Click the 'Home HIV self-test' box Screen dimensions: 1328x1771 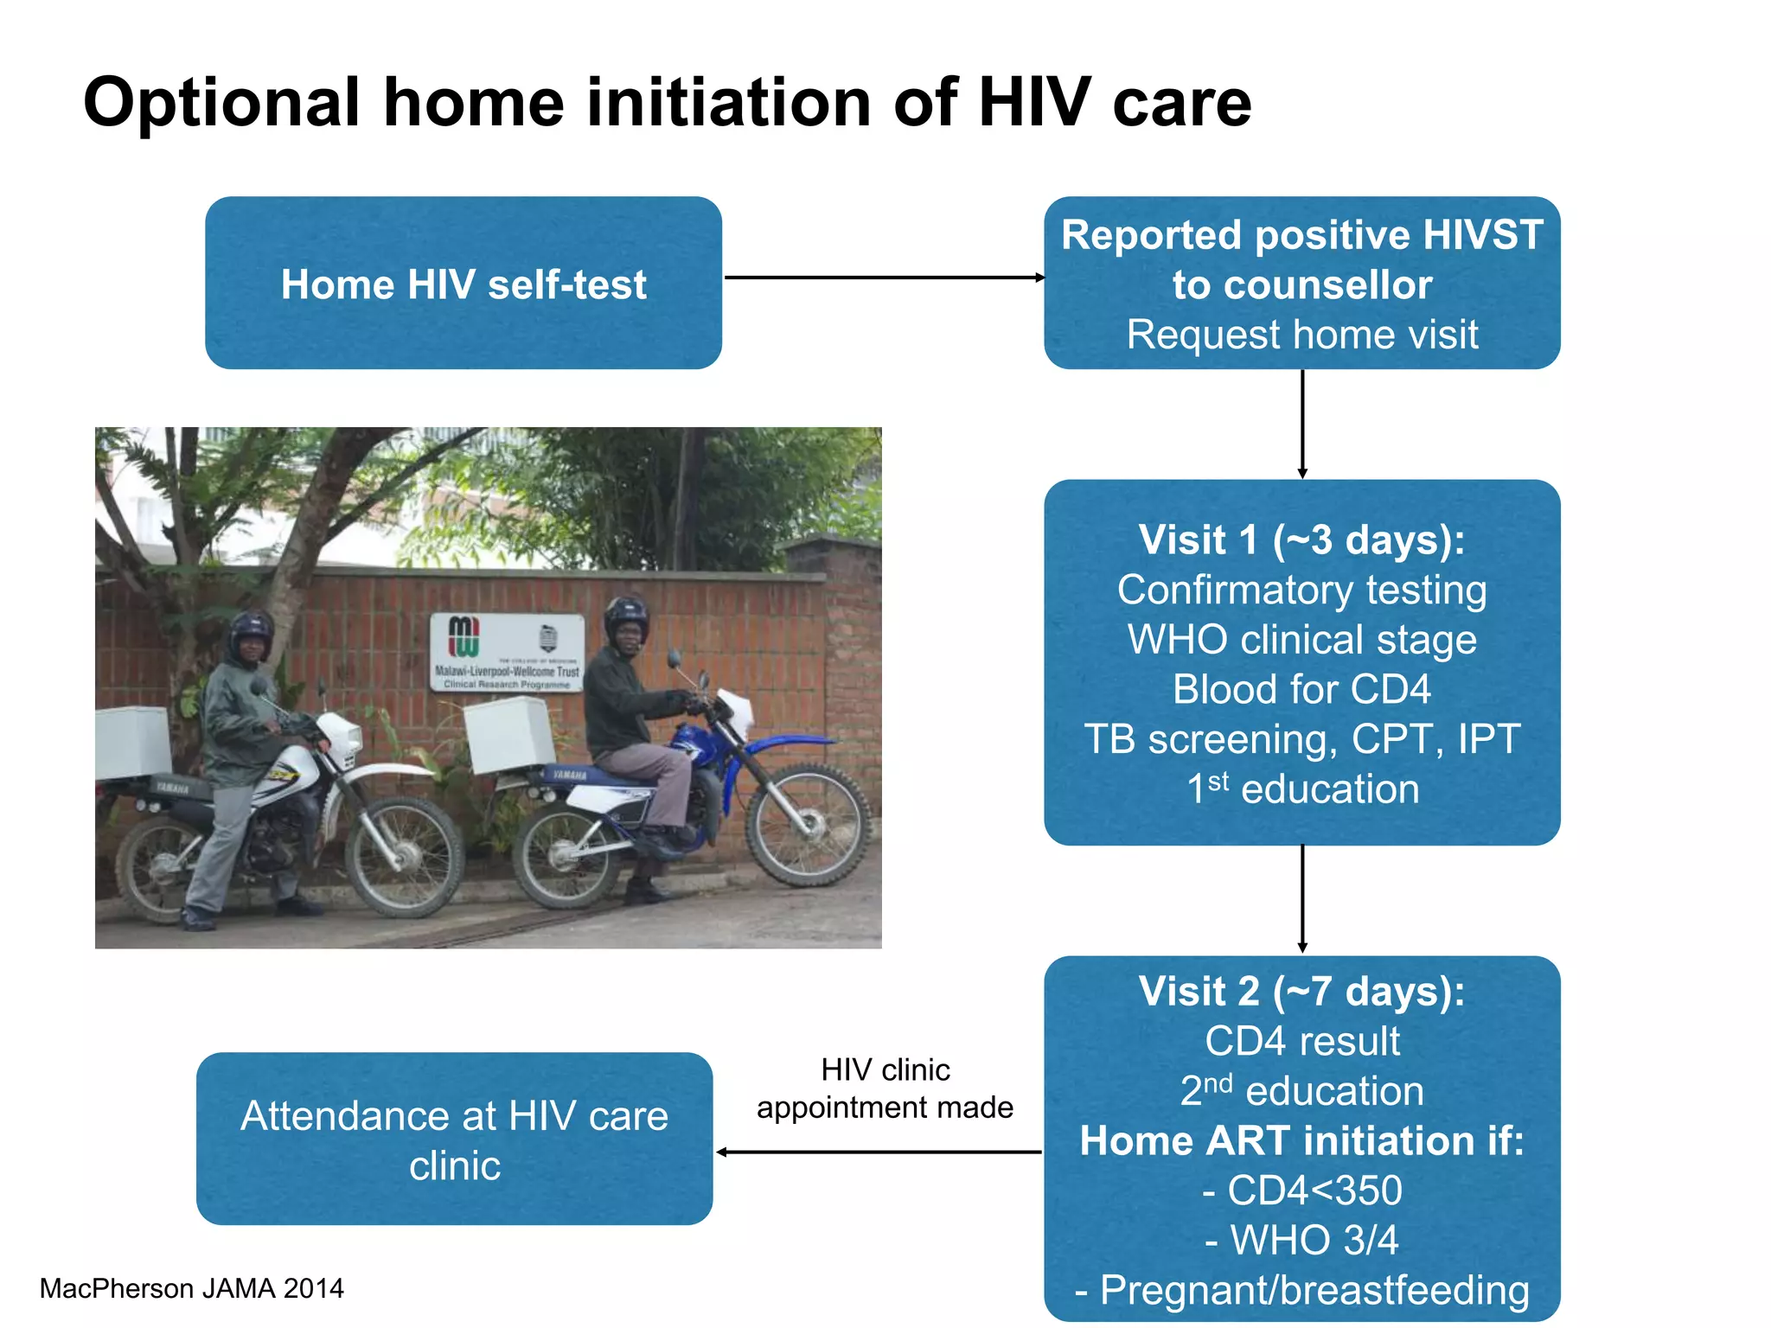pos(463,284)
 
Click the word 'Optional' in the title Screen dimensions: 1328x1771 pos(221,103)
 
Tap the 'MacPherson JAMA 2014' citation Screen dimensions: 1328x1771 pos(191,1288)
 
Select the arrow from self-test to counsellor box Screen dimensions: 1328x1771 pos(882,278)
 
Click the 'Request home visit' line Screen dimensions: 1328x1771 pos(1301,335)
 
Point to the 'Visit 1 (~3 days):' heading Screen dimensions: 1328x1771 pos(1301,539)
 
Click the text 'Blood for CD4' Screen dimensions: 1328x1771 pos(1301,689)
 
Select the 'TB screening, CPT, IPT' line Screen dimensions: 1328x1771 pos(1301,739)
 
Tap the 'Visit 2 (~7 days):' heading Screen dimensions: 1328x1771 pos(1301,991)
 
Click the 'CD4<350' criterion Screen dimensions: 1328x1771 pos(1301,1191)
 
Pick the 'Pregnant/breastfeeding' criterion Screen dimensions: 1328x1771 pos(1301,1290)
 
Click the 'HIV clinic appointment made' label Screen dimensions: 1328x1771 pos(884,1089)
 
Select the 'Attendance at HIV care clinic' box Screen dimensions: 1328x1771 pos(454,1140)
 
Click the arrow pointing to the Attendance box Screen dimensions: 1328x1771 pos(878,1152)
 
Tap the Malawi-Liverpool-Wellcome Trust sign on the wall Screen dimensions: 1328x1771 pos(508,653)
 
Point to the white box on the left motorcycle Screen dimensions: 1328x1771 pos(131,744)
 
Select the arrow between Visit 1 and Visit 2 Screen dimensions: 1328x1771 pos(1301,899)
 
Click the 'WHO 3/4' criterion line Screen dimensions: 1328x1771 pos(1301,1240)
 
